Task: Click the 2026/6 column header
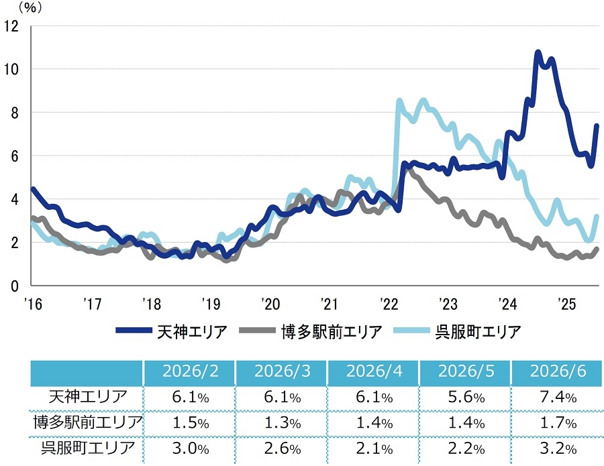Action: [558, 371]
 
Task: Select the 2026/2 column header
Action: [191, 371]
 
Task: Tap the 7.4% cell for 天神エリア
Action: [558, 397]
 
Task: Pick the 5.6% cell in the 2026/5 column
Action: [466, 397]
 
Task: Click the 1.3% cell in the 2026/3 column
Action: [283, 423]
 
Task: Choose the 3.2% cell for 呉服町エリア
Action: [558, 449]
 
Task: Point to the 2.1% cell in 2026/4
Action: [374, 449]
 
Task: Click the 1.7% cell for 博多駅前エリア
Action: [558, 423]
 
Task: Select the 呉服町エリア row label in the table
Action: [88, 448]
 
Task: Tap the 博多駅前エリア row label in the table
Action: [88, 422]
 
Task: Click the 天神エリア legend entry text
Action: [192, 332]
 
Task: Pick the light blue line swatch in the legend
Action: [411, 331]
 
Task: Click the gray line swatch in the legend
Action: [257, 331]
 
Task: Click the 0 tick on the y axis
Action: [15, 286]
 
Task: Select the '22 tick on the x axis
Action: [389, 304]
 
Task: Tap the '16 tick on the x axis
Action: [33, 304]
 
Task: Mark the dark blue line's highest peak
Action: [538, 52]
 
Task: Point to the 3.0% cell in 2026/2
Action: [191, 449]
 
